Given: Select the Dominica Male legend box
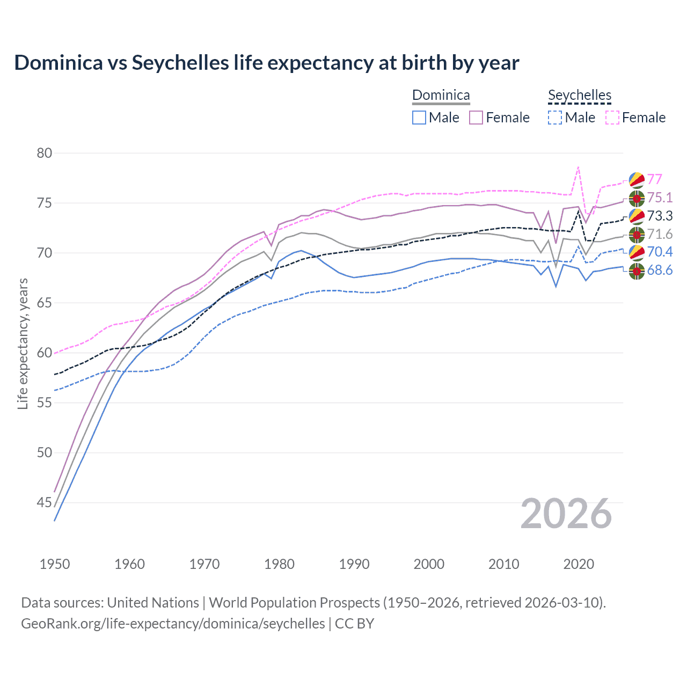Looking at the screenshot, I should pyautogui.click(x=419, y=118).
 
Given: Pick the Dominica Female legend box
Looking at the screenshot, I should pyautogui.click(x=476, y=118).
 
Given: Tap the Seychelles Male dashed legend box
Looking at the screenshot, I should pyautogui.click(x=555, y=118).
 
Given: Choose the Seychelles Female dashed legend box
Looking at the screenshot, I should pyautogui.click(x=612, y=118).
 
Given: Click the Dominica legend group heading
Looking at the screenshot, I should pyautogui.click(x=441, y=96).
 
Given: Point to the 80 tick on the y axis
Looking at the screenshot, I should pyautogui.click(x=45, y=154).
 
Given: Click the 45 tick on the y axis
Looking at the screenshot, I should pyautogui.click(x=45, y=503).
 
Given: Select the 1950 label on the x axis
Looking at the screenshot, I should pyautogui.click(x=55, y=564).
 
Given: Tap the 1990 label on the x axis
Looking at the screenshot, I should pyautogui.click(x=354, y=564).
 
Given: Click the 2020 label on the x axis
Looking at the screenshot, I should pyautogui.click(x=579, y=564).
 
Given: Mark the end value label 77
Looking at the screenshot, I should pyautogui.click(x=654, y=179).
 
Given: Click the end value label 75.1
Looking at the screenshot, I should pyautogui.click(x=660, y=198).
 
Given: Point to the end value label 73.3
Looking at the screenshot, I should pyautogui.click(x=660, y=216).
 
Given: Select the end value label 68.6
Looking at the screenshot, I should pyautogui.click(x=660, y=271).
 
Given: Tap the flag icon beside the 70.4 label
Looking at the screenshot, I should pyautogui.click(x=637, y=252).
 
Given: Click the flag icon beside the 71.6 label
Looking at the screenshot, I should pyautogui.click(x=637, y=235).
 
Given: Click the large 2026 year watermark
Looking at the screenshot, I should pyautogui.click(x=566, y=514).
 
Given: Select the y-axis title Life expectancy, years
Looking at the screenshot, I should pyautogui.click(x=23, y=343).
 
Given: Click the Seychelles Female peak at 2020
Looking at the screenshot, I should pyautogui.click(x=578, y=167).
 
